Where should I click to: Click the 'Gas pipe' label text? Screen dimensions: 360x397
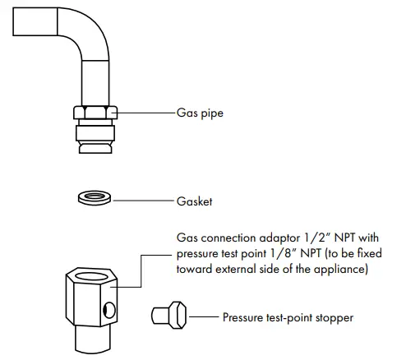201,113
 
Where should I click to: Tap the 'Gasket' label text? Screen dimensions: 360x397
195,200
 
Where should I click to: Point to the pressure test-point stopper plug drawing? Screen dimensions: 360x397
170,315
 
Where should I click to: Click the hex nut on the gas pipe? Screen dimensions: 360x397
95,113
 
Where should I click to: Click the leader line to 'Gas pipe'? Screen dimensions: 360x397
145,113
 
